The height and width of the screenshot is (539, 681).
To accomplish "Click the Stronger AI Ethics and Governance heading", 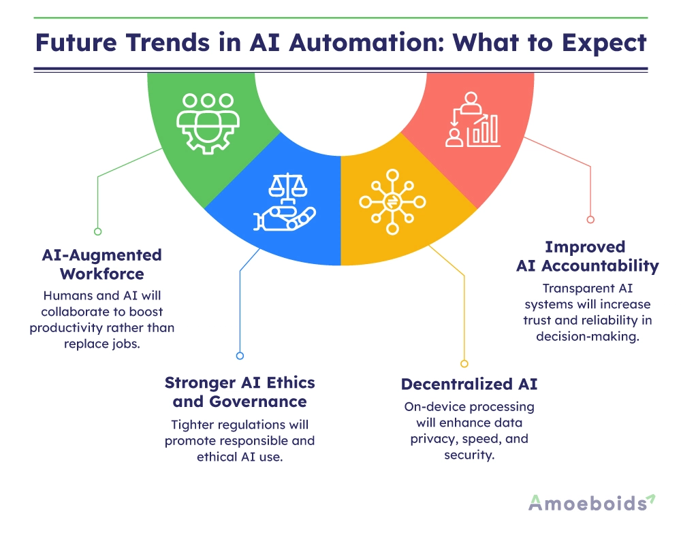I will tap(240, 391).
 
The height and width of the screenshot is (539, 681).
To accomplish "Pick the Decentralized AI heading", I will tap(469, 384).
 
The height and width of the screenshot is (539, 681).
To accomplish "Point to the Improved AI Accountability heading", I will tap(587, 256).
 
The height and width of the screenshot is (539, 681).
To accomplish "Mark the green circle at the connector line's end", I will tap(97, 231).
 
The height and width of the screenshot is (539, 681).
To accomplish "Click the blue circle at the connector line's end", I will tap(240, 355).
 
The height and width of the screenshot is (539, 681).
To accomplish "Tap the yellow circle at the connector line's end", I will tap(464, 363).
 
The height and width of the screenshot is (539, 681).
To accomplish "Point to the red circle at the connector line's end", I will tap(590, 219).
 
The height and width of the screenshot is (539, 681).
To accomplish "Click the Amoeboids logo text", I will tap(586, 503).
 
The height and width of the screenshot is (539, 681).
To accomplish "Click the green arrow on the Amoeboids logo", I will tap(651, 499).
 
